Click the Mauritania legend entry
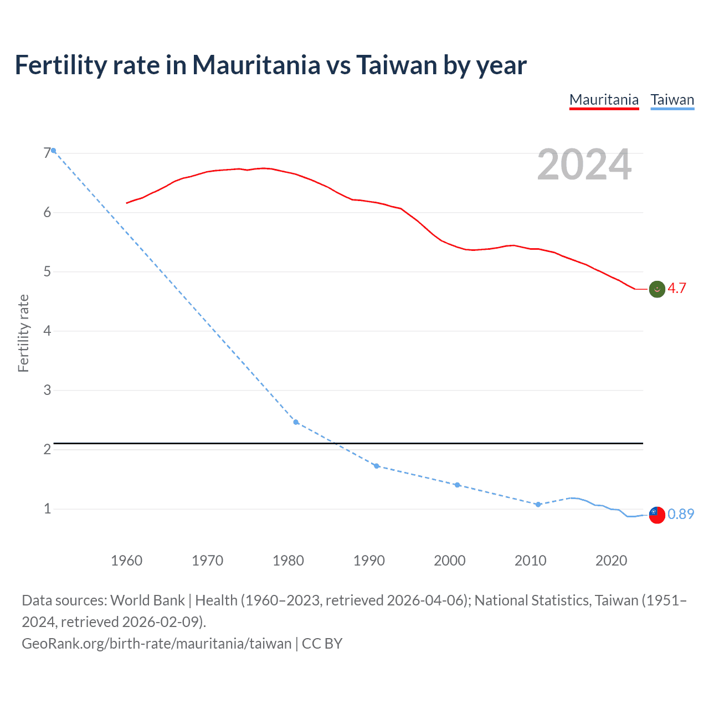point(604,100)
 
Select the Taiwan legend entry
point(672,100)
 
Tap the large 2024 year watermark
point(584,165)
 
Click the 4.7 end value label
point(676,288)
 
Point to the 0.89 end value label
point(680,514)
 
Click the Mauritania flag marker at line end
point(657,289)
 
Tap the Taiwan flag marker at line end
point(657,515)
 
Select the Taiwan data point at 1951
point(54,151)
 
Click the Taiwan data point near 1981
point(296,422)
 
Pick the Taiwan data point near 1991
point(377,466)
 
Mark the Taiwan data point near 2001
point(457,485)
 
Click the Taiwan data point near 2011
point(538,504)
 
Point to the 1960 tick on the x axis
point(127,561)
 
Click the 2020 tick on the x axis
point(611,561)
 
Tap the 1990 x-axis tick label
point(369,561)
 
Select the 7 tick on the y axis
point(47,153)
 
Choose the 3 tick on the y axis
point(47,390)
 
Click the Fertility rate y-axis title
point(23,333)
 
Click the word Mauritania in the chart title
point(256,65)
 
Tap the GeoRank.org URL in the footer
point(156,643)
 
